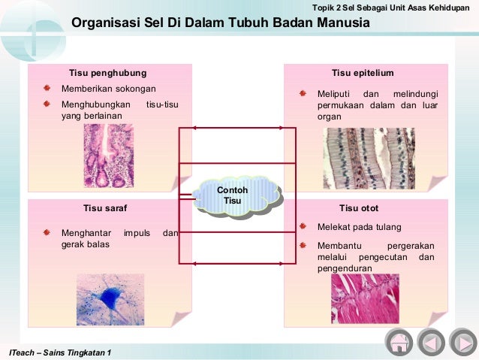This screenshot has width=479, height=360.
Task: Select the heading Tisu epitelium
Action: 363,73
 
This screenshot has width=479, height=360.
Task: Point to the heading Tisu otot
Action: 358,207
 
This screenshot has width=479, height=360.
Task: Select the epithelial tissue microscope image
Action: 369,158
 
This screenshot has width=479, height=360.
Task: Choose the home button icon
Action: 399,343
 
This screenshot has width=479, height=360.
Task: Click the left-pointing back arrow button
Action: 431,343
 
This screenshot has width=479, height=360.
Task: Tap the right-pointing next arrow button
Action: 461,343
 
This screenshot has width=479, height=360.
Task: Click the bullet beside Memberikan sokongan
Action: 47,89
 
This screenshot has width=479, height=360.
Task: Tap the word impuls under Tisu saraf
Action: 137,233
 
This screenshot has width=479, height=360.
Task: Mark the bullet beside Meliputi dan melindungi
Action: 303,94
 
